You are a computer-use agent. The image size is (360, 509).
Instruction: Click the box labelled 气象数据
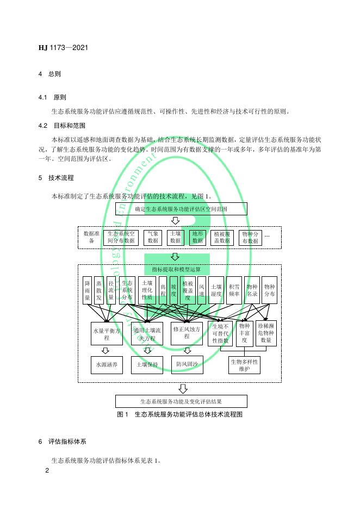tap(153, 237)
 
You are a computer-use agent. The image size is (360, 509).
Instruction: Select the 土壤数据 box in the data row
tap(175, 237)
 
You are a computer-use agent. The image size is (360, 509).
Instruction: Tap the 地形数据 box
tap(197, 237)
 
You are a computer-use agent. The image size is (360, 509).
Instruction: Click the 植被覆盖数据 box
tap(222, 237)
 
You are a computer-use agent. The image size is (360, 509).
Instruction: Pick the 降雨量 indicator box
tap(87, 290)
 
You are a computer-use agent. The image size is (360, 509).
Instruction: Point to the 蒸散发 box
tap(99, 290)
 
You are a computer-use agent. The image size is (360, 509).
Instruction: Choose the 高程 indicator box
tap(163, 290)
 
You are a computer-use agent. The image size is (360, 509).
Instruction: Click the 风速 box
tap(201, 290)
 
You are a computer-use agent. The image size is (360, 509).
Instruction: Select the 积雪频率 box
tap(234, 290)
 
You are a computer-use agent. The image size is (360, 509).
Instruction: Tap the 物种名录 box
tap(252, 290)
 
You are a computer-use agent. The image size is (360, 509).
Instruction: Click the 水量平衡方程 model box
tap(107, 333)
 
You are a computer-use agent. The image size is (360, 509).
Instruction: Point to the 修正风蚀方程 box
tap(187, 333)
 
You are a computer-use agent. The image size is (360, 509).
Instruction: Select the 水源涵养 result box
tap(107, 364)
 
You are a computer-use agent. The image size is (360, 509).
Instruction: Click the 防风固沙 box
tap(187, 364)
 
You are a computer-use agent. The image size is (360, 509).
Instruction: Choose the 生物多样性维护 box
tap(244, 365)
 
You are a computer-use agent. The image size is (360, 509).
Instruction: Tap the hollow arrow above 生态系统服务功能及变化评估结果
tap(183, 389)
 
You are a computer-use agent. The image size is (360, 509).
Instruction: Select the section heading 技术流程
tap(61, 177)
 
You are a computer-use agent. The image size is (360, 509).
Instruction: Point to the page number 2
tap(47, 470)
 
